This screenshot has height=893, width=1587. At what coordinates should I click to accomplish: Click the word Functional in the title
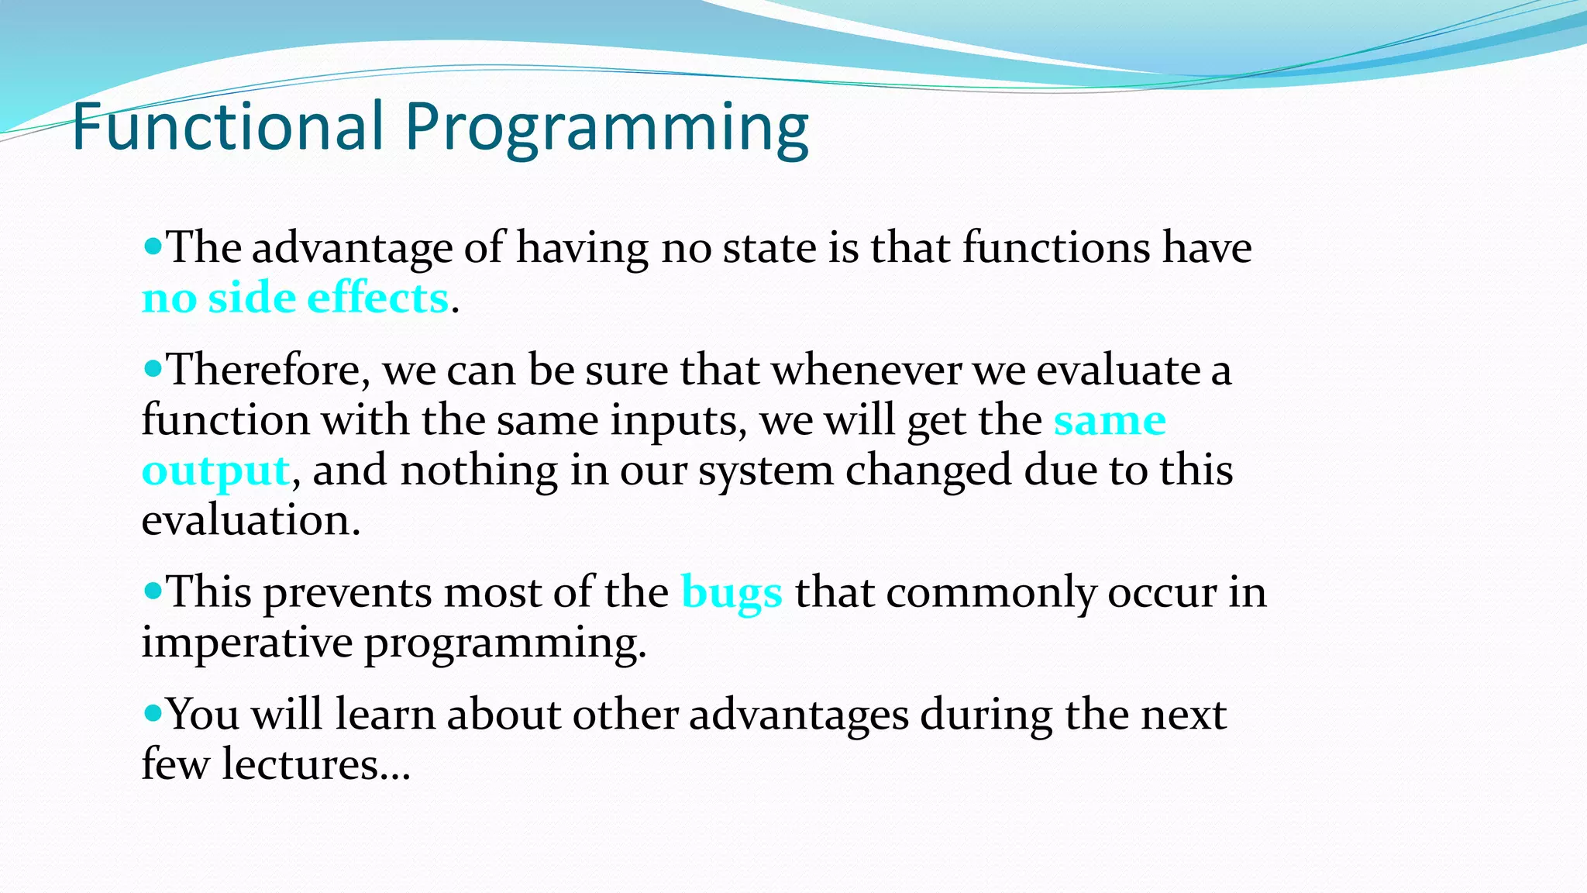point(228,126)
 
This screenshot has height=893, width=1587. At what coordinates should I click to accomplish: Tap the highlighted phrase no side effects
point(295,298)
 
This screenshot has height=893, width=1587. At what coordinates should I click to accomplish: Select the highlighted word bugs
point(732,594)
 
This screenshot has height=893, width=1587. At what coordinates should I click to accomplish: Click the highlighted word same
point(1110,422)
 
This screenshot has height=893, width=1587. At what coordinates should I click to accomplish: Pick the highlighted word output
point(216,471)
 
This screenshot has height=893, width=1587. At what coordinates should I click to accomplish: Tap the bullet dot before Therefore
point(153,370)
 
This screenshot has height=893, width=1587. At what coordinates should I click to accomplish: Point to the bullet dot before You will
point(153,712)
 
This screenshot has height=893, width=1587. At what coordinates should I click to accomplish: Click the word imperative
point(247,643)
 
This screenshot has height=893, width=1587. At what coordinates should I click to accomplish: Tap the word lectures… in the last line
point(316,764)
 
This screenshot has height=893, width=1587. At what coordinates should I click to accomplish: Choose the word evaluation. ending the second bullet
point(251,521)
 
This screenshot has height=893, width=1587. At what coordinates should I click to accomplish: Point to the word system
point(766,472)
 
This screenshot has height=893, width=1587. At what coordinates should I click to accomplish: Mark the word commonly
point(991,594)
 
